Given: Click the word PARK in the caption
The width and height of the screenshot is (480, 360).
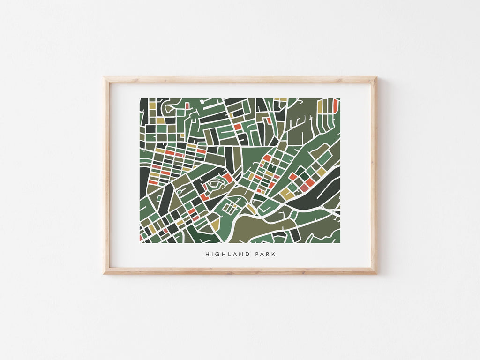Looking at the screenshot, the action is (263, 255).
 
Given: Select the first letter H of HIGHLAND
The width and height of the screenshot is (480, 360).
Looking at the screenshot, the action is (207, 255).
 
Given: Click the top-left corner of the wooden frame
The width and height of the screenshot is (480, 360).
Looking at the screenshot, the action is (105, 78).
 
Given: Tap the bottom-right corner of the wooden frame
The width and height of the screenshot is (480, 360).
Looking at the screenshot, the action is (376, 273).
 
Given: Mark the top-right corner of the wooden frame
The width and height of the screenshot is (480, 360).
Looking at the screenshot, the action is (376, 78).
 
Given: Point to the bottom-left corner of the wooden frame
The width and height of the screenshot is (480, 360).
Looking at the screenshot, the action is (105, 273).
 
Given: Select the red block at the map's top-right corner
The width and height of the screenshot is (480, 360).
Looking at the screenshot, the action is (335, 105).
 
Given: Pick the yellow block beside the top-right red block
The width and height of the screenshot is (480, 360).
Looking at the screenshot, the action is (321, 107).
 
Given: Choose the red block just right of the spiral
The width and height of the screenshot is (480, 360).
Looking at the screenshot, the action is (228, 178).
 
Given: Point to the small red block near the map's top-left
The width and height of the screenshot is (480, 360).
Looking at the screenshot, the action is (187, 106).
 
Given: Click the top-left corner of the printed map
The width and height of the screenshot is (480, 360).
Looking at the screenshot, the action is (140, 98).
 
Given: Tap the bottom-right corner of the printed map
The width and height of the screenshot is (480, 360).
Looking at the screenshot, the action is (340, 243).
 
